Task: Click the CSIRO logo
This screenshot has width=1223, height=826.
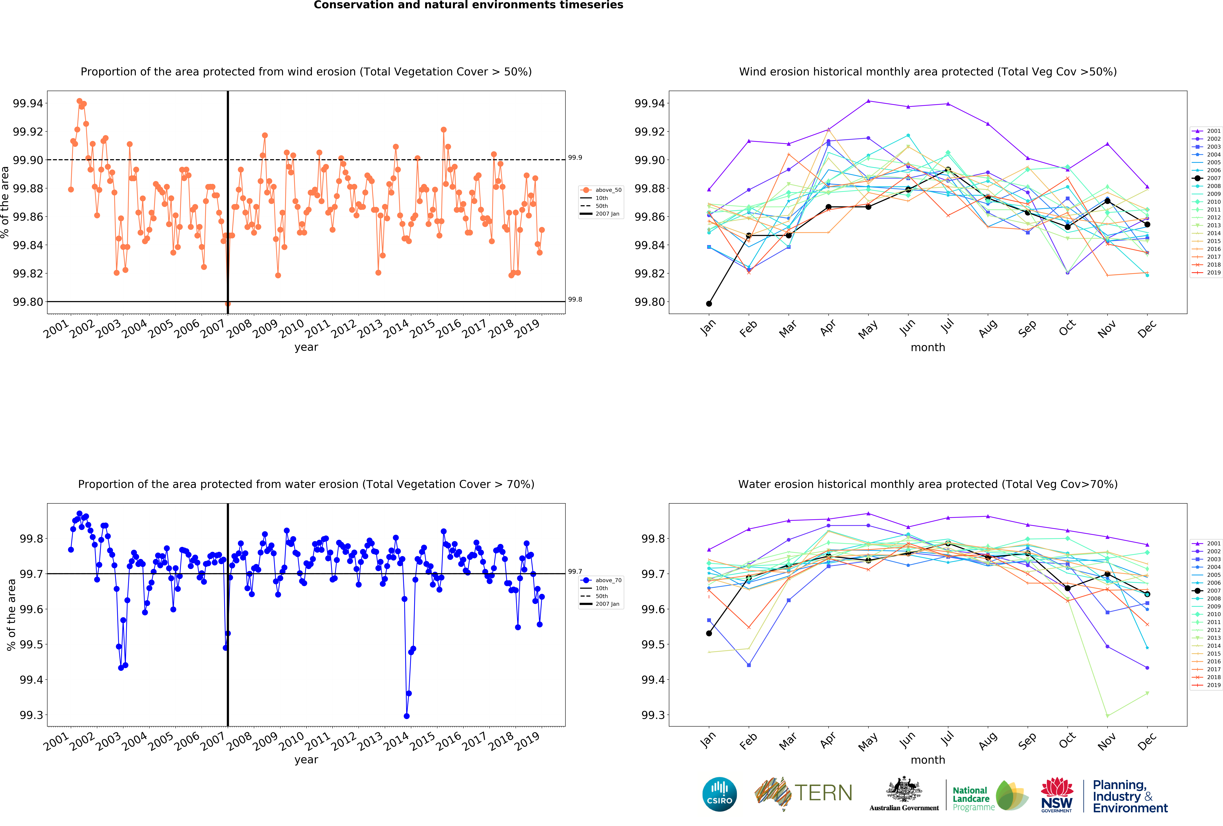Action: (719, 794)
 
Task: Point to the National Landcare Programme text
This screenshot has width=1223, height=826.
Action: (974, 799)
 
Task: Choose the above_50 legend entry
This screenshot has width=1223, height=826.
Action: (601, 190)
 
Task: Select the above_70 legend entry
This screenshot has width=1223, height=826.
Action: (601, 580)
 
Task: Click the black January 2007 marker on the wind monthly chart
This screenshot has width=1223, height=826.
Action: (709, 304)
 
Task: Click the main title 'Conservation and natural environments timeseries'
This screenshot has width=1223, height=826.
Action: (468, 5)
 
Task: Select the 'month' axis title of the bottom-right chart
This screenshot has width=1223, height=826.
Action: (928, 760)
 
